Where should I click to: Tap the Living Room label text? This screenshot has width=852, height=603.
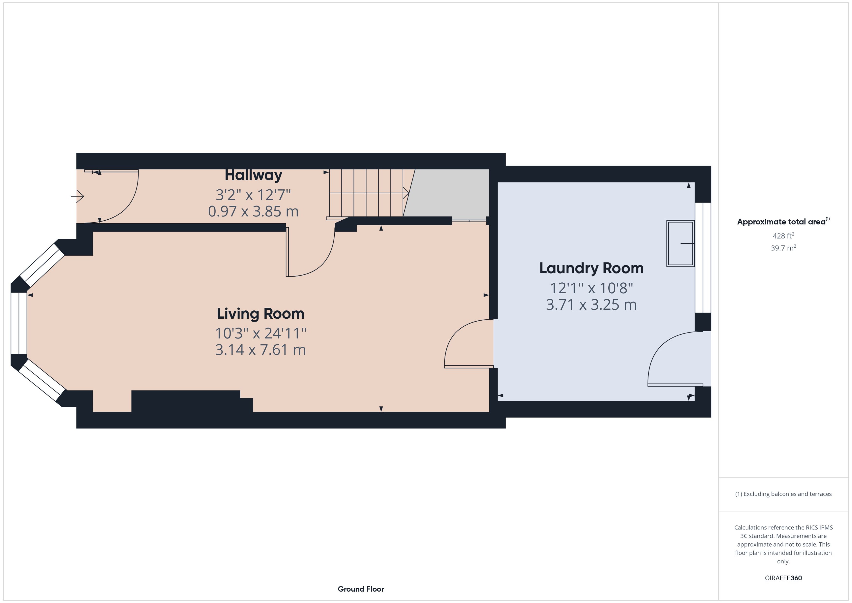point(261,314)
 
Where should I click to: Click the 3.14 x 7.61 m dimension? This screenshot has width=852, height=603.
point(261,350)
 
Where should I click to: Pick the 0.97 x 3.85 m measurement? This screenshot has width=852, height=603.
point(253,211)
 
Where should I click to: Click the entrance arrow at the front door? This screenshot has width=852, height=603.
point(77,196)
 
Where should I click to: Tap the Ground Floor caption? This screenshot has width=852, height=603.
point(361,589)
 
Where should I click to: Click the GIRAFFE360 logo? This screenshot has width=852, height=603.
point(783,578)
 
